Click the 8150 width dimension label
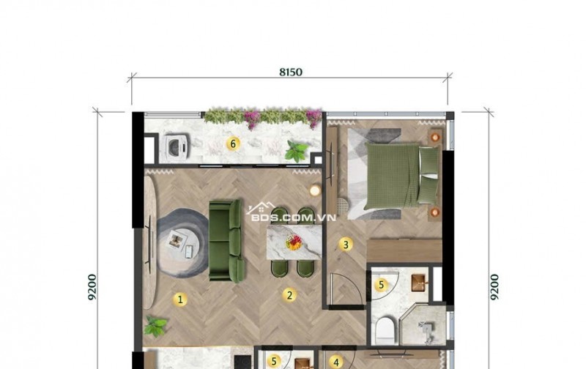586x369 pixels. (291, 72)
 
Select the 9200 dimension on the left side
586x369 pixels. (92, 287)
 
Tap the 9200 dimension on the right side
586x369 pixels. (494, 287)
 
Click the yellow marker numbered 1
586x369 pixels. (180, 299)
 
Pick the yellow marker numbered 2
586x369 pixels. (289, 295)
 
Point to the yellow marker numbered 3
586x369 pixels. (346, 245)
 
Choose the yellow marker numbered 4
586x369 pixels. (336, 362)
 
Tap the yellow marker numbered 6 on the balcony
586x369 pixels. (233, 143)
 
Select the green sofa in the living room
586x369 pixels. (226, 241)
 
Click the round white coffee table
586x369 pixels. (181, 243)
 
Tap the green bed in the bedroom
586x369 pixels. (401, 176)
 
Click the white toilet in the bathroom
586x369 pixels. (385, 330)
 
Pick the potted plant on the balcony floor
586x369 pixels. (297, 151)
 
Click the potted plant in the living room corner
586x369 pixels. (156, 325)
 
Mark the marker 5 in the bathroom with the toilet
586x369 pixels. (381, 285)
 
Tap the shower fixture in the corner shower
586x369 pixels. (427, 332)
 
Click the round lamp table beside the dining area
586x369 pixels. (315, 190)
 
